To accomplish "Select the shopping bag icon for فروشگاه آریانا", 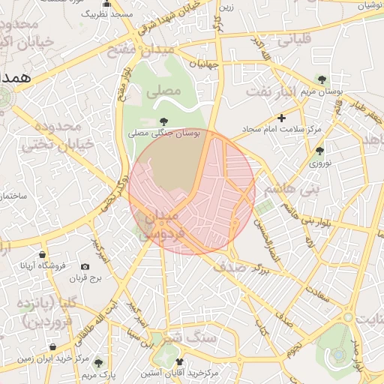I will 42,255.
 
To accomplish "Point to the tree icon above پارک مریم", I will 98,363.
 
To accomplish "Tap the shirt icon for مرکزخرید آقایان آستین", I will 179,362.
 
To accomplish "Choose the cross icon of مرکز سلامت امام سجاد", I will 281,118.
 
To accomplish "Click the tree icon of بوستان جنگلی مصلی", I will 163,121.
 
